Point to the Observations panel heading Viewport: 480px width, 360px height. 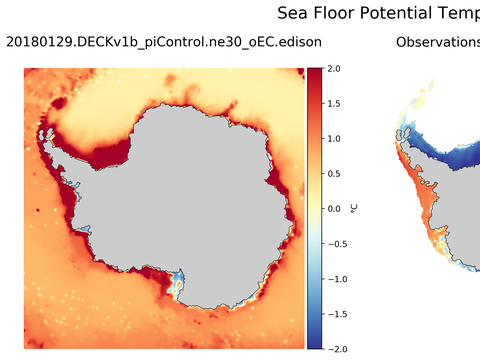[x=438, y=43]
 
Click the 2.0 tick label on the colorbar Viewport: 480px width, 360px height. [x=334, y=68]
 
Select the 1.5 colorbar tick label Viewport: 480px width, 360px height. [x=334, y=103]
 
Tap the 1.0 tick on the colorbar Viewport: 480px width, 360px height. [x=334, y=138]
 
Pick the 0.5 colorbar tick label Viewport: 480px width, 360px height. [x=334, y=173]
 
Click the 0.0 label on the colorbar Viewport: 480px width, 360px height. [x=334, y=208]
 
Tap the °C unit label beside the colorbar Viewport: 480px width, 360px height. [x=355, y=208]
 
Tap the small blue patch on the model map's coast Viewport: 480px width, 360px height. [x=177, y=283]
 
